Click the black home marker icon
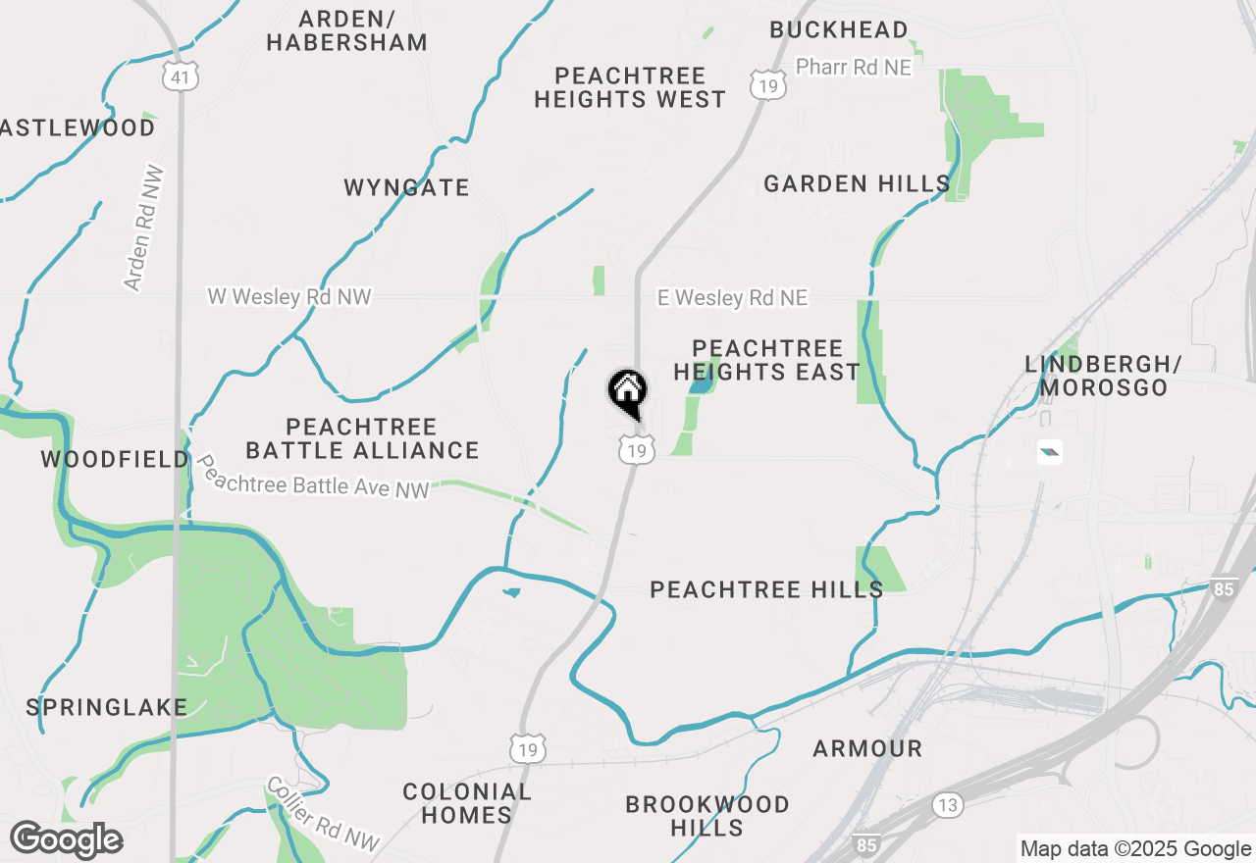pos(628,393)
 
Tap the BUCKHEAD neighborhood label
pos(838,30)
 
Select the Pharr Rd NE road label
pos(853,67)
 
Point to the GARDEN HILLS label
pos(857,183)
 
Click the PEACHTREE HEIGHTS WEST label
pos(630,87)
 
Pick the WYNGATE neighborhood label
pos(406,187)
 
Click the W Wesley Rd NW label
pos(288,296)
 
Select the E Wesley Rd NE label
pos(732,297)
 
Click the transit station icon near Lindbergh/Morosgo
pos(1049,452)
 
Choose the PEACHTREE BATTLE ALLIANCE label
pos(362,438)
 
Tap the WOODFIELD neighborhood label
pos(115,459)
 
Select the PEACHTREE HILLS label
pos(766,589)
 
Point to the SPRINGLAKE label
pos(106,707)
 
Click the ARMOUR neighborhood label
pos(867,749)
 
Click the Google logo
pos(66,839)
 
